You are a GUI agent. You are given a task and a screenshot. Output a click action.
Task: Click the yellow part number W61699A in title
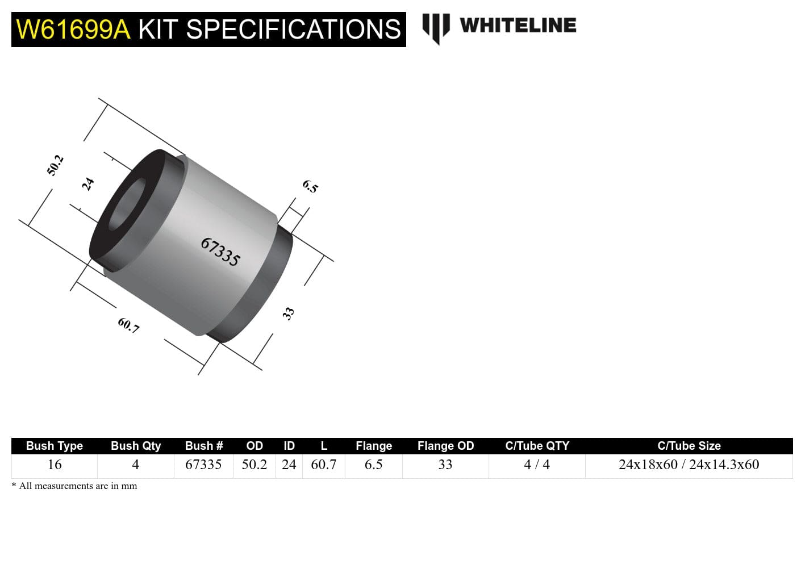point(73,30)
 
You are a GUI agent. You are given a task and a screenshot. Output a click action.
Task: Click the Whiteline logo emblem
point(436,27)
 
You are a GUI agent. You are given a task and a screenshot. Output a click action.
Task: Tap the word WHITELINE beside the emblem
point(518,26)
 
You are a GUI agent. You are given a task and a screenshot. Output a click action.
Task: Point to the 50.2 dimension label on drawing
point(55,165)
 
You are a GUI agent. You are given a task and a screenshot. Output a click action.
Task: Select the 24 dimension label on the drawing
point(88,184)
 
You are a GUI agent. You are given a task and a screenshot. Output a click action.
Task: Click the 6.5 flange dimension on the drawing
point(310,186)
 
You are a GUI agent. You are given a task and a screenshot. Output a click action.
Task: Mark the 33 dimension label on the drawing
point(289,313)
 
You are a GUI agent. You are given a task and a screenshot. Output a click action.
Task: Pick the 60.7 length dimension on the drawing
point(128,325)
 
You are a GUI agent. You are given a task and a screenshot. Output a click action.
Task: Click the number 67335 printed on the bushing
point(220,252)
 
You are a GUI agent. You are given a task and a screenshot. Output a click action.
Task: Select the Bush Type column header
point(55,446)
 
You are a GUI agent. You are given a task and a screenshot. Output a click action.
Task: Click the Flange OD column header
point(445,446)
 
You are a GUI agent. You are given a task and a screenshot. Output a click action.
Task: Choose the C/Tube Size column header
point(689,446)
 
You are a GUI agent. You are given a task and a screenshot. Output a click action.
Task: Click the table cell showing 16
point(55,465)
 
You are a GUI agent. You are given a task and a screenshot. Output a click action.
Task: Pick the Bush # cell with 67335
point(203,465)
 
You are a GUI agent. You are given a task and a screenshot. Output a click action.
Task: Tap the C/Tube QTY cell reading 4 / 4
point(537,465)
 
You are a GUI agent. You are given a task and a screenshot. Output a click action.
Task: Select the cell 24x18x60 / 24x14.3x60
point(689,465)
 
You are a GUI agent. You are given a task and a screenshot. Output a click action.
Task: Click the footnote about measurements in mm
point(74,486)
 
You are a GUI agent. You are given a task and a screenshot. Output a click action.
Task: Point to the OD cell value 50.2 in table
point(254,465)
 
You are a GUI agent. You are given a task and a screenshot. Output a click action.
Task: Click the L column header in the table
point(324,446)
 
